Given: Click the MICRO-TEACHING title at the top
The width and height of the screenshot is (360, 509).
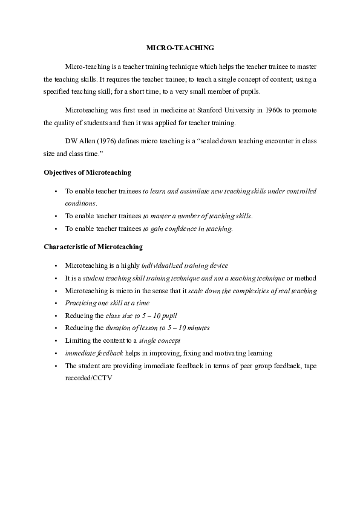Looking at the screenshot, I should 180,47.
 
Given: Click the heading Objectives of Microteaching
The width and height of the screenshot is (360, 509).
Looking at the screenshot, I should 87,172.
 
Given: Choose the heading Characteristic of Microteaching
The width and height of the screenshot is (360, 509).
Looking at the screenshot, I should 93,247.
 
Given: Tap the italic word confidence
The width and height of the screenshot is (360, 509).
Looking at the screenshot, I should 175,229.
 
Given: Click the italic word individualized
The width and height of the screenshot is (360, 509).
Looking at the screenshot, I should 163,265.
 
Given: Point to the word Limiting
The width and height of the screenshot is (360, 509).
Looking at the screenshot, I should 77,340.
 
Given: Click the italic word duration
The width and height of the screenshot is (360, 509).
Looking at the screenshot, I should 119,328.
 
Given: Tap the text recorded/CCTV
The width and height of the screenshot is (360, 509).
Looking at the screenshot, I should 88,378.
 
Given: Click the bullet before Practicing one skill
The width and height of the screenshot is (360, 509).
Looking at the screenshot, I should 56,303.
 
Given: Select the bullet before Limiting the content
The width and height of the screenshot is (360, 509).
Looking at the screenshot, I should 56,340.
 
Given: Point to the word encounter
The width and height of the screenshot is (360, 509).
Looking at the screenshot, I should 244,140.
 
